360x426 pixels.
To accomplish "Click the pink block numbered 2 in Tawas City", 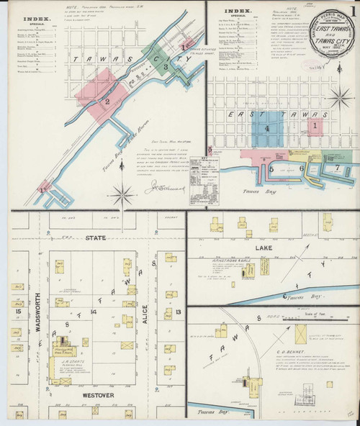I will coord(107,101).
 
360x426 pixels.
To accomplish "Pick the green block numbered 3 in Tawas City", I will coord(166,66).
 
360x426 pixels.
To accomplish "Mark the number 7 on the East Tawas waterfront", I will coord(337,167).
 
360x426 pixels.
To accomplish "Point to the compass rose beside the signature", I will coord(124,193).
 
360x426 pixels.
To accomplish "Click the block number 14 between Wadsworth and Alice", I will coord(93,312).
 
